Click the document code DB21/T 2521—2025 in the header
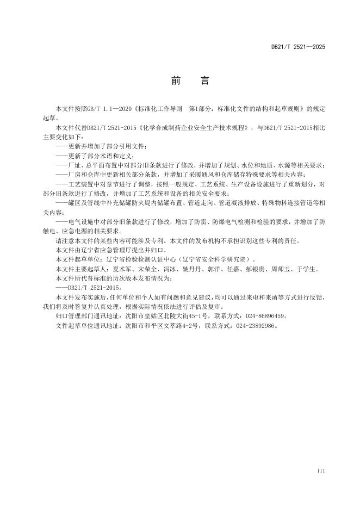298,47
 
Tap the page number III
320,469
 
